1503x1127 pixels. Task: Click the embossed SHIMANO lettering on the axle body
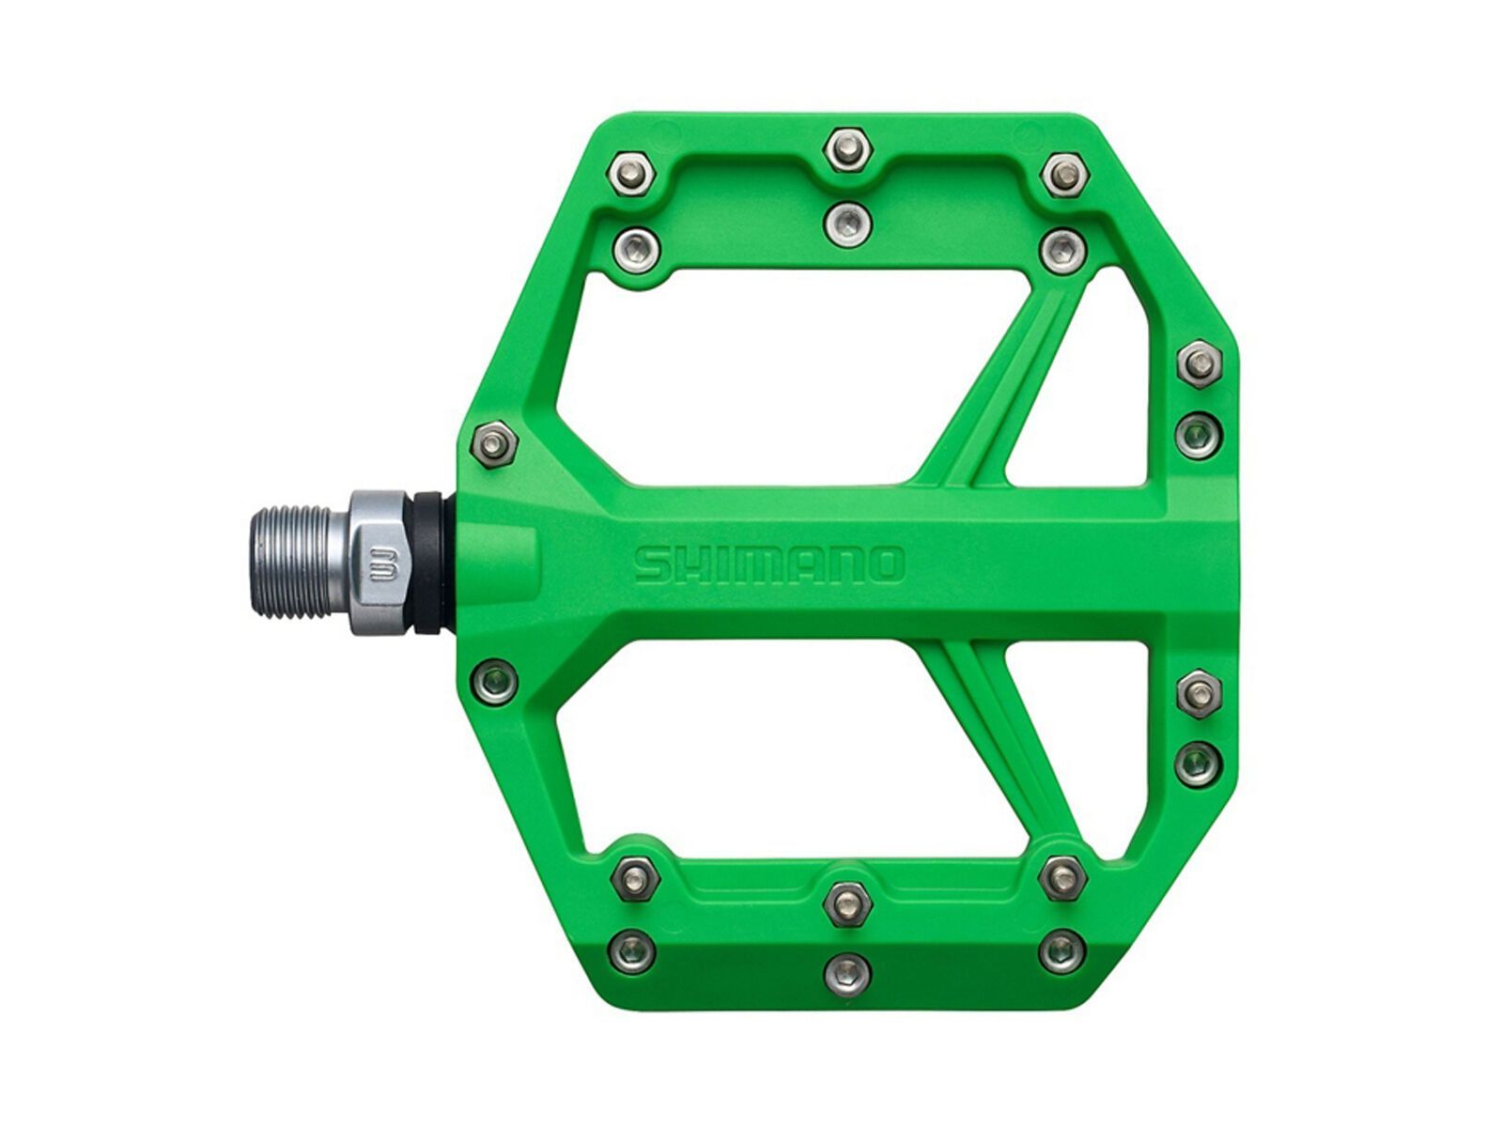coord(768,564)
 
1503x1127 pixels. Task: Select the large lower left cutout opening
coord(733,742)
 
